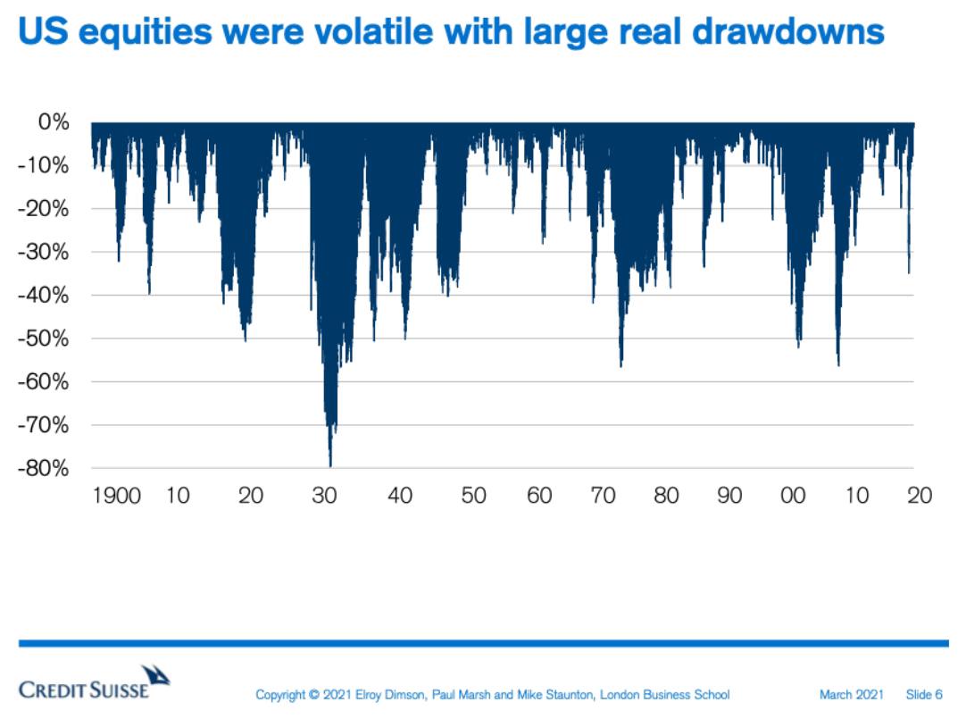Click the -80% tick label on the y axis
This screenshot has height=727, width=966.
point(44,468)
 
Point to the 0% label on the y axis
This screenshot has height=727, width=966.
point(54,122)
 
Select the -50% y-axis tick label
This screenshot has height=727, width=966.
point(44,338)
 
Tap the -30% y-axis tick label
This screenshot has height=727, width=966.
point(44,252)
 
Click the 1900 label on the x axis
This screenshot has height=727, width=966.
point(117,496)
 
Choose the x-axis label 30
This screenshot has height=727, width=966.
point(325,496)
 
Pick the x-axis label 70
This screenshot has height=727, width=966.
point(604,496)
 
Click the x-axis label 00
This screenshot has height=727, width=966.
point(793,496)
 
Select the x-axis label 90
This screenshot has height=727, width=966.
point(730,496)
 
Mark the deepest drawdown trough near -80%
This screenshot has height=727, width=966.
point(330,464)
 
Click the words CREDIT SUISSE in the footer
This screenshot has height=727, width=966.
point(84,690)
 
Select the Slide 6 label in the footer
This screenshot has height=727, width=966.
point(924,694)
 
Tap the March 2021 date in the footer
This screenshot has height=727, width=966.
point(852,694)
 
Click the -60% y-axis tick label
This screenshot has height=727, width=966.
point(44,381)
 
